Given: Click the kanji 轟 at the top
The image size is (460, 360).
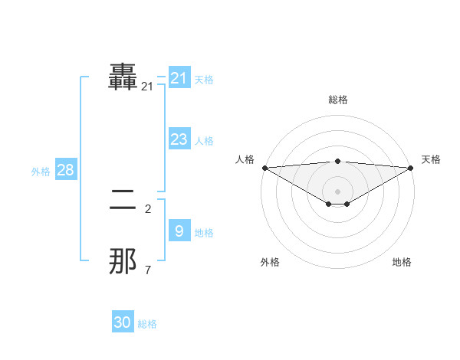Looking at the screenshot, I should coord(123,77).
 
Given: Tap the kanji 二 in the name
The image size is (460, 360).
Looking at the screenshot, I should coord(123,201).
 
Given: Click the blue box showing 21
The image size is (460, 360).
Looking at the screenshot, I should coord(179,78).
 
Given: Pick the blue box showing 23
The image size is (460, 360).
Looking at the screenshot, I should coord(179,139).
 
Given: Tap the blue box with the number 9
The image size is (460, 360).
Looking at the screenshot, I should coord(179,231).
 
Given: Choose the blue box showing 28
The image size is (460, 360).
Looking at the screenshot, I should coord(66,170).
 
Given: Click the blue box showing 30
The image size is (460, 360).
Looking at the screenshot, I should coord(123,323).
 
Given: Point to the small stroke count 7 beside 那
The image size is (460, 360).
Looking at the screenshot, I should coord(148,270).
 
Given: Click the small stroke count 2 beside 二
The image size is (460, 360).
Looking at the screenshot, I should coord(148,208).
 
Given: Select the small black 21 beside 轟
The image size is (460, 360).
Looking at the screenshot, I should coord(147,87).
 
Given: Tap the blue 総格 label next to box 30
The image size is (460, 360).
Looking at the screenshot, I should coord(147,324).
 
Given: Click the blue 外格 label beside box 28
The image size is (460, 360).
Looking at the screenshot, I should coord(41,172).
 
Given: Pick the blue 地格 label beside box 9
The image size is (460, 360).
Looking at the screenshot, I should coord(204,233).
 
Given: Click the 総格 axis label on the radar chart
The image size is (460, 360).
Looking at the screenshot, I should coord(337,100).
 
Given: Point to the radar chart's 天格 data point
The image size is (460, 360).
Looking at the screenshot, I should coord(411,168).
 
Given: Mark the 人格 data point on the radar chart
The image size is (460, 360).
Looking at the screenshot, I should coord(264,168).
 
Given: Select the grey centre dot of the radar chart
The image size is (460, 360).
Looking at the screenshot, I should coord(337,191).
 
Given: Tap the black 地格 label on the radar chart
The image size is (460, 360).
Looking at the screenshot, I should coord(402,263).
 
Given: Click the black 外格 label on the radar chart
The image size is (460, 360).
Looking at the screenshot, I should coord(270,263).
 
